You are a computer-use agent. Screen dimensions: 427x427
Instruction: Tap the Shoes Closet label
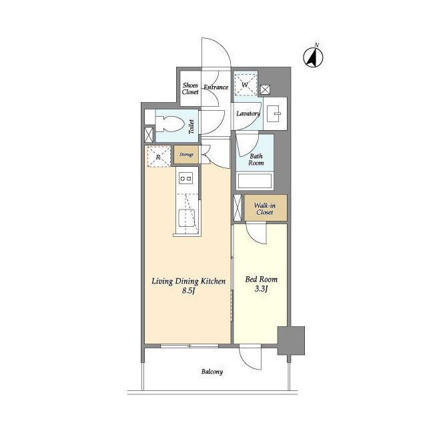[x=190, y=89]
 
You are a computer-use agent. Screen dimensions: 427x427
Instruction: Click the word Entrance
[x=216, y=87]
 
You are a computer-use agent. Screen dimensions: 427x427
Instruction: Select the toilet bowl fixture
[x=169, y=124]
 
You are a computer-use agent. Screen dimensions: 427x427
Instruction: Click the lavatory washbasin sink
[x=276, y=113]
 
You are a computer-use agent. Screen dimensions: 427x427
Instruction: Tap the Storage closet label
[x=187, y=155]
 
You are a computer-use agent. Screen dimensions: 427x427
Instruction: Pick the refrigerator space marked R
[x=159, y=156]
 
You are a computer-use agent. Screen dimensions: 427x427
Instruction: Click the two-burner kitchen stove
[x=185, y=178]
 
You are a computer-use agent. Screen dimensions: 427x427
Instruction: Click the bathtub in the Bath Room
[x=255, y=181]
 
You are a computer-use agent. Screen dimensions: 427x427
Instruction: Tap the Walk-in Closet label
[x=265, y=209]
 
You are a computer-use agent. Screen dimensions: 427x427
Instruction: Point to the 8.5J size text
[x=188, y=291]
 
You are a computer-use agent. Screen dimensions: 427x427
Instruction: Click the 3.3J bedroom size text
[x=262, y=289]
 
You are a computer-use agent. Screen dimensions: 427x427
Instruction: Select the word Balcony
[x=212, y=372]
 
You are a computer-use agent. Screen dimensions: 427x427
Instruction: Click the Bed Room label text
[x=262, y=280]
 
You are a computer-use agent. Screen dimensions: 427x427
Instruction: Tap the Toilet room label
[x=191, y=127]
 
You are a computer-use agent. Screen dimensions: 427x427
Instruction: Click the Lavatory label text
[x=248, y=113]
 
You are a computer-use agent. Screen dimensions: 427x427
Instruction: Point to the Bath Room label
[x=256, y=159]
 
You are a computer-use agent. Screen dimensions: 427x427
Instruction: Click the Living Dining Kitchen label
[x=188, y=281]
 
